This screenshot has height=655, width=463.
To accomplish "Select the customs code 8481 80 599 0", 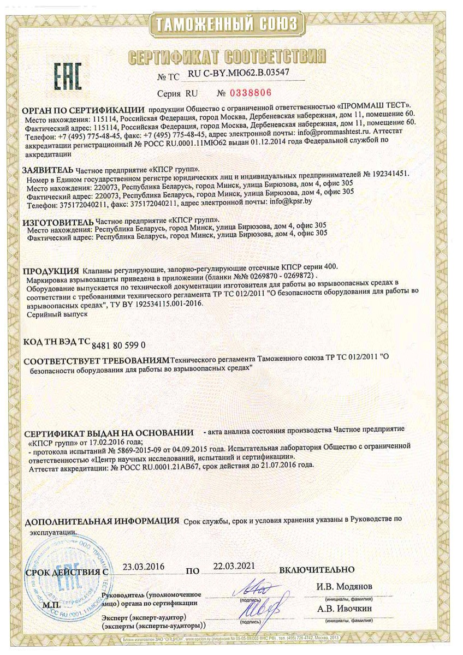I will click(118, 345).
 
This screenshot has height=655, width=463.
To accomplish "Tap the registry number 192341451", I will click(385, 174).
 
